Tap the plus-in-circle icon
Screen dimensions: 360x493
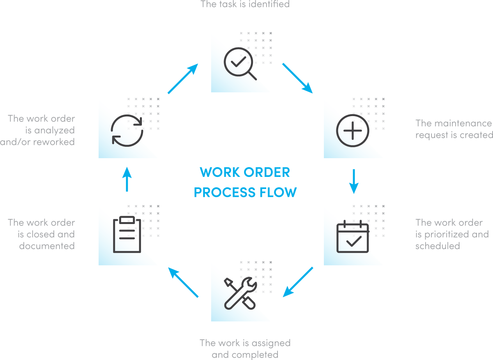click(x=352, y=131)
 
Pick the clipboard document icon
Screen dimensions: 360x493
click(x=127, y=235)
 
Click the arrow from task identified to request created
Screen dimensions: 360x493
click(x=297, y=78)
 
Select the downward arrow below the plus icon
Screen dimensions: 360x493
click(x=353, y=181)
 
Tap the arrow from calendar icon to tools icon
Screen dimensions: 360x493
click(x=298, y=282)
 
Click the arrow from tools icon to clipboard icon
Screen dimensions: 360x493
click(x=183, y=282)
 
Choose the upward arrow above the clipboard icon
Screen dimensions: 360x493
click(x=127, y=179)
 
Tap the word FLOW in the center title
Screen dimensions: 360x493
click(x=278, y=192)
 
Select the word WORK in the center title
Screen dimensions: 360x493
click(x=218, y=172)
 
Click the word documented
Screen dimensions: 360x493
click(x=47, y=246)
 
